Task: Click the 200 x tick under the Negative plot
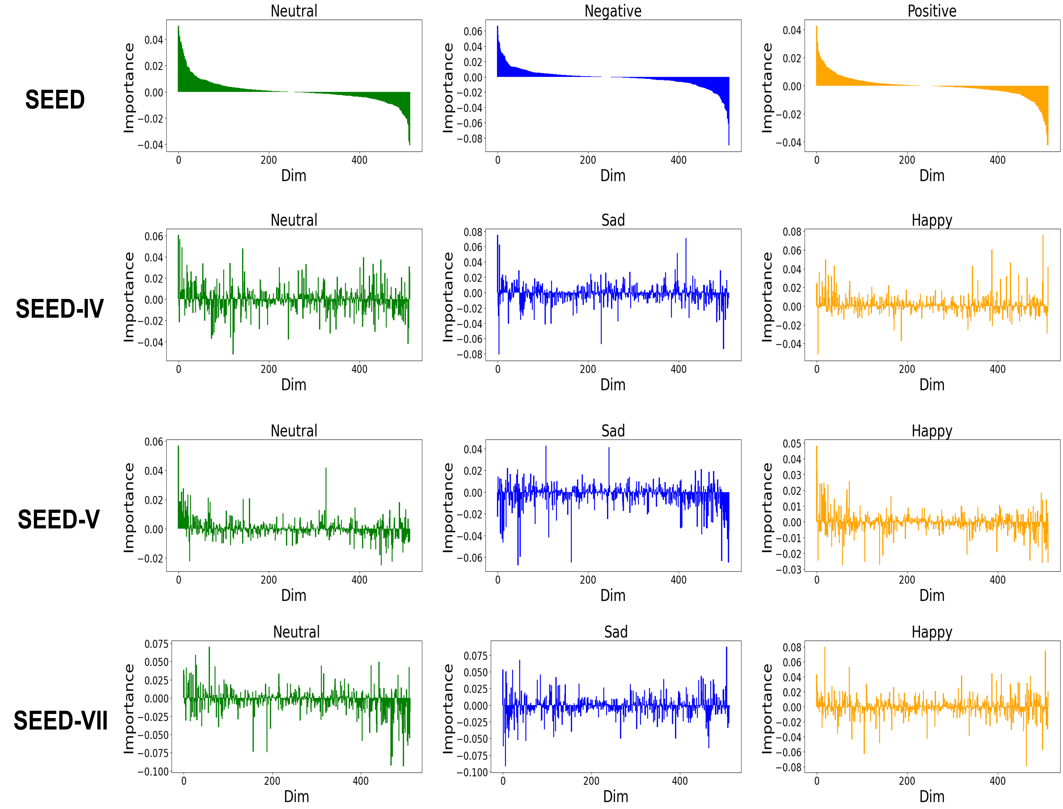click(x=588, y=160)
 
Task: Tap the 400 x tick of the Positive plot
click(x=997, y=160)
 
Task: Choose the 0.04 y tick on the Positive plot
click(x=792, y=30)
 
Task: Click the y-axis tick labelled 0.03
click(x=792, y=475)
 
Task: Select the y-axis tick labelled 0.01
click(x=792, y=507)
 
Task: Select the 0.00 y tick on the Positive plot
click(x=792, y=87)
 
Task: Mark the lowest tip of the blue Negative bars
click(x=729, y=144)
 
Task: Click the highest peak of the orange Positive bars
click(x=817, y=26)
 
